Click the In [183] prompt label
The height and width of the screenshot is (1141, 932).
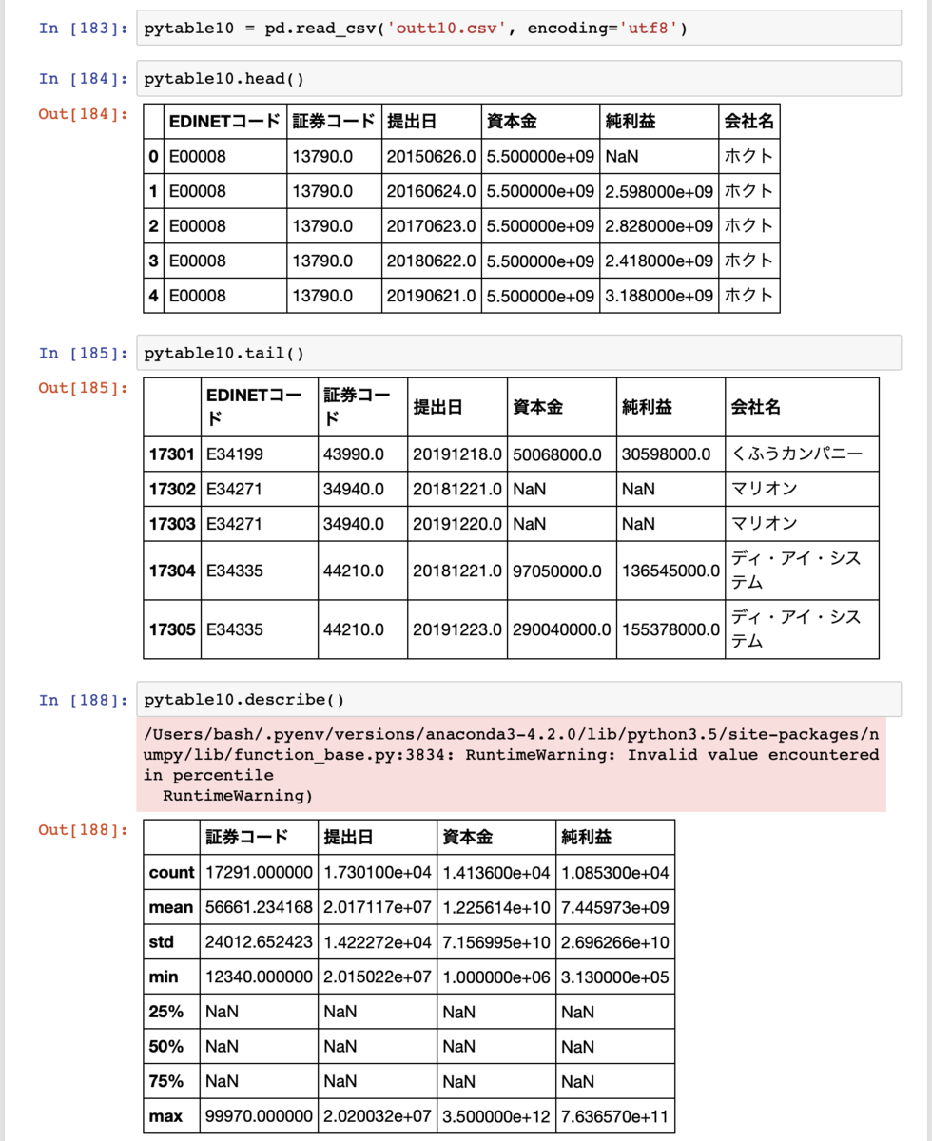click(x=83, y=29)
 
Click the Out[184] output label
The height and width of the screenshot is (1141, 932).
click(x=83, y=114)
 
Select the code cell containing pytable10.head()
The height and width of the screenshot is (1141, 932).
click(x=518, y=79)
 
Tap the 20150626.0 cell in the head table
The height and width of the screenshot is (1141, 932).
click(x=431, y=156)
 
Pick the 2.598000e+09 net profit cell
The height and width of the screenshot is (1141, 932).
click(x=658, y=191)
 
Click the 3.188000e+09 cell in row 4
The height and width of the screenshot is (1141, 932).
click(x=658, y=296)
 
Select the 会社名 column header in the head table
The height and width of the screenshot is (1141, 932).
click(x=749, y=122)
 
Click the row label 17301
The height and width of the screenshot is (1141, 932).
click(x=171, y=454)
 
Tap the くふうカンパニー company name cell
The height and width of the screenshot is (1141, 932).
click(x=797, y=454)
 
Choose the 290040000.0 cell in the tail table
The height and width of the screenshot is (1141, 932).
click(x=559, y=629)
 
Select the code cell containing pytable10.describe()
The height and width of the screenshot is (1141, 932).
click(x=518, y=700)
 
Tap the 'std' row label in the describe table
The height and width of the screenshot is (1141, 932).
click(x=162, y=942)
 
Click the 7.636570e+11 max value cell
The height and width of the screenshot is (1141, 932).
click(x=614, y=1116)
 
